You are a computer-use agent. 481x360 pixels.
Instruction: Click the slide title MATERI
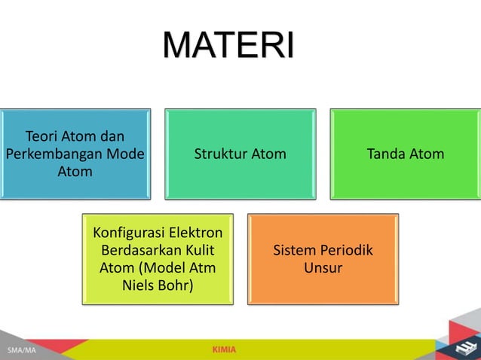[x=228, y=47]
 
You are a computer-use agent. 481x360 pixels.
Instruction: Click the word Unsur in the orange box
[x=323, y=268]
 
